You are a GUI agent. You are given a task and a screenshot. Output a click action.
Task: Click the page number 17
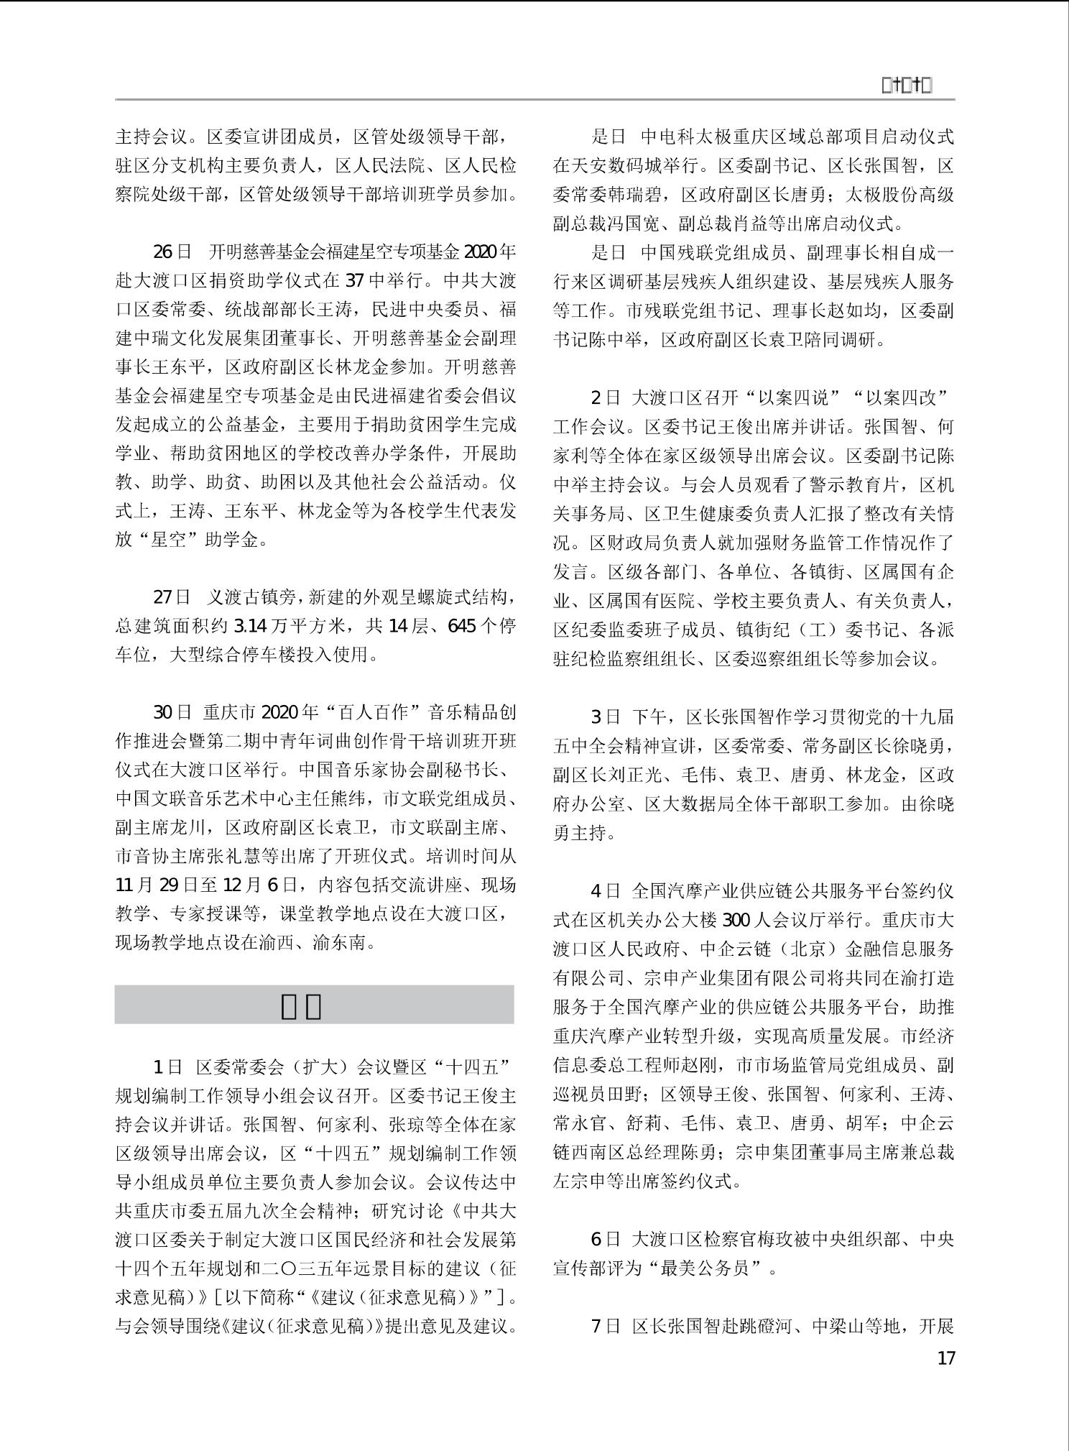946,1358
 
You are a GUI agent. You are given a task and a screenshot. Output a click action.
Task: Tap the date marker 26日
172,252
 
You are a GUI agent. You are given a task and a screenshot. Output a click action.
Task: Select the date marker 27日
172,597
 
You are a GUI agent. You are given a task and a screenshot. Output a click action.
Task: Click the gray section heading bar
314,1005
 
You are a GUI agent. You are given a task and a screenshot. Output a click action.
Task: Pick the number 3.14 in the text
251,626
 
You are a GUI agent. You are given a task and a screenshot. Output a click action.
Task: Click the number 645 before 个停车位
461,626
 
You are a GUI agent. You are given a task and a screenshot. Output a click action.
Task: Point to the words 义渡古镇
241,597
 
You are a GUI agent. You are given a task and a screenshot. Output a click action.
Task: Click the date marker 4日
605,891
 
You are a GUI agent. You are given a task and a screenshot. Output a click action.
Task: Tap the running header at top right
906,86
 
